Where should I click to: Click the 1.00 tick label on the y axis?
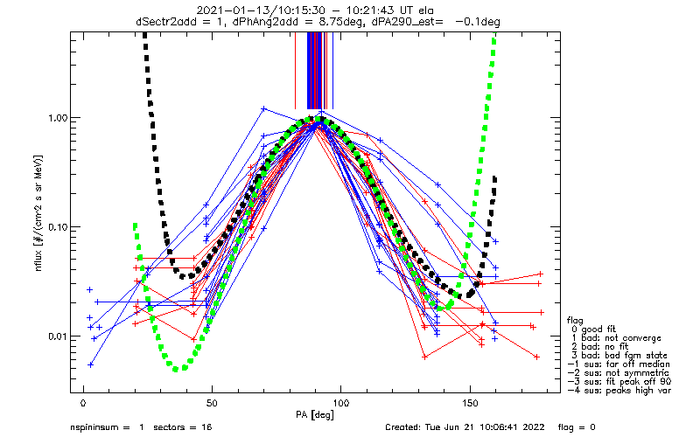(57, 118)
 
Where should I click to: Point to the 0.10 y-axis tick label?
(57, 227)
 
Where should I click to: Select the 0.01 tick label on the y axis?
(57, 336)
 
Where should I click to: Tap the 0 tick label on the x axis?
(83, 404)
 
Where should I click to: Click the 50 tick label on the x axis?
(212, 404)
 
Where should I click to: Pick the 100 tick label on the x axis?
(340, 404)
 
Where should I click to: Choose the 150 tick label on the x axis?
(470, 404)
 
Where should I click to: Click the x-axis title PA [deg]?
(315, 415)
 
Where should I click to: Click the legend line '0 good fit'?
(594, 329)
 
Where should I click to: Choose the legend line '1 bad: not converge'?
(617, 338)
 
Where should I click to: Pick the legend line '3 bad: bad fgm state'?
(619, 356)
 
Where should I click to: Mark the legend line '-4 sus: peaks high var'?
(619, 391)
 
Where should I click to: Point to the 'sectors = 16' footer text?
(183, 427)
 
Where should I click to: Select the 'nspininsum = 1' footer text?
(107, 427)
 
